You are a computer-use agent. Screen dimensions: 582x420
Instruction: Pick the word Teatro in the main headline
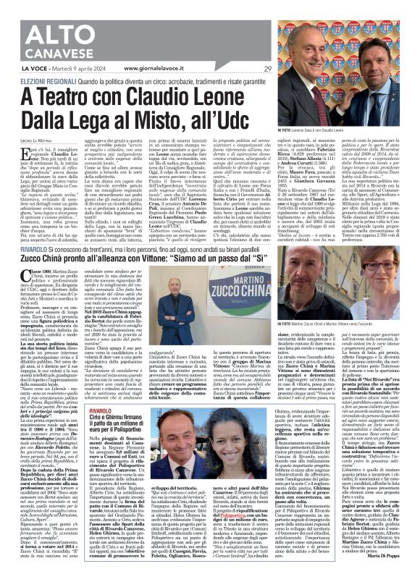click(70, 98)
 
